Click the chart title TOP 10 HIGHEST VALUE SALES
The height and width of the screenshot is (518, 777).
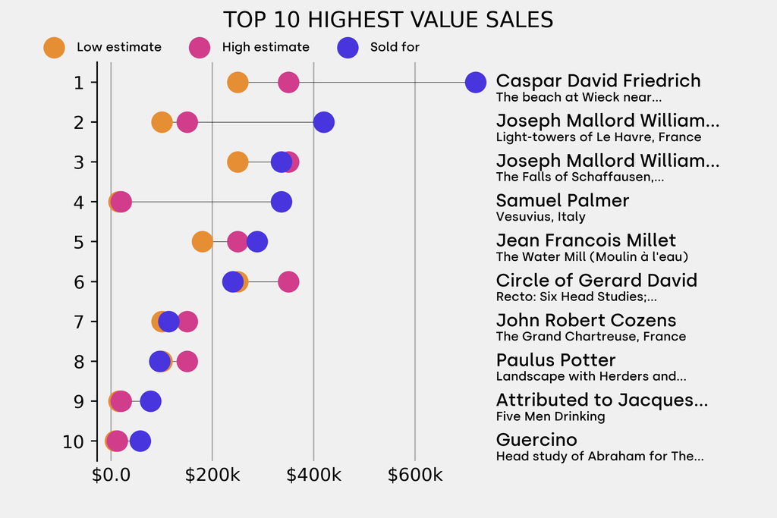[388, 20]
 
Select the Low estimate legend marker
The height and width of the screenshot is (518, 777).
[54, 47]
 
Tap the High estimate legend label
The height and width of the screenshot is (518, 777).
[266, 47]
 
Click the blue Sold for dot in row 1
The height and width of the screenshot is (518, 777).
[475, 82]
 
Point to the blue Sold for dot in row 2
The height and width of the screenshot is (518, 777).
[324, 122]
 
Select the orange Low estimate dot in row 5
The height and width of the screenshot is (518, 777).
[202, 242]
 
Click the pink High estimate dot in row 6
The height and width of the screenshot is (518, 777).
[288, 282]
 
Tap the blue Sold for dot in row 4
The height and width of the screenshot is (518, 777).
[282, 202]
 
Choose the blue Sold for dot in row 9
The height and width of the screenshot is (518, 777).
[151, 401]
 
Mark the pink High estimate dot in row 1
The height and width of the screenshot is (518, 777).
[288, 82]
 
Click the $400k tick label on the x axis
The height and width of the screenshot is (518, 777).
[313, 476]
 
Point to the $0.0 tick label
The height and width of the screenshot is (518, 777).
[111, 476]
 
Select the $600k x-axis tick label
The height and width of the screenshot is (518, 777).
[415, 476]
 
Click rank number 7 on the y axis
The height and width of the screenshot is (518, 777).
[79, 322]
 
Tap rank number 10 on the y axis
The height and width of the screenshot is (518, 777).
[74, 441]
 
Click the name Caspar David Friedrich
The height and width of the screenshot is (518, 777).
[598, 81]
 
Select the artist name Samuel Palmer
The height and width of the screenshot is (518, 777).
[562, 201]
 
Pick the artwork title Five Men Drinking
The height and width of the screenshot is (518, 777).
[550, 416]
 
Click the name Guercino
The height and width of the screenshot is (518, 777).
[536, 440]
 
